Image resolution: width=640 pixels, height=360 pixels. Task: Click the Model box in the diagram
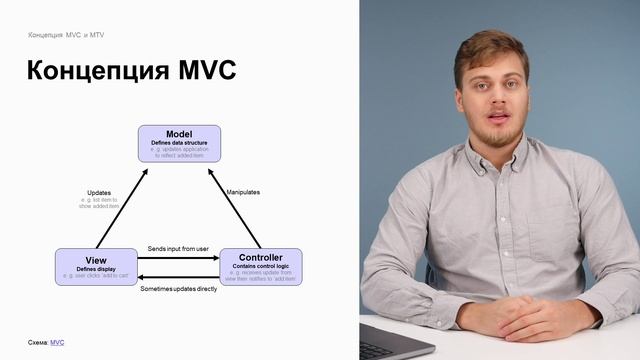(179, 143)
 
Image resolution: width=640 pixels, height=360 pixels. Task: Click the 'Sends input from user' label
(178, 248)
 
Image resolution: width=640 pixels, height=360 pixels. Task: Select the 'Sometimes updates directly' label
(178, 288)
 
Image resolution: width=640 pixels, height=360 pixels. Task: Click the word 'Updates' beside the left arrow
(99, 192)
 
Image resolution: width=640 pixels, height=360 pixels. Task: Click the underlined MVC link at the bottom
(57, 342)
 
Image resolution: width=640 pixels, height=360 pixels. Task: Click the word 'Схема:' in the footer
(38, 342)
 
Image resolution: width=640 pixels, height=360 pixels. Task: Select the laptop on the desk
(395, 340)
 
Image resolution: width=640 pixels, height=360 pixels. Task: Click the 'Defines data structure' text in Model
(179, 143)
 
